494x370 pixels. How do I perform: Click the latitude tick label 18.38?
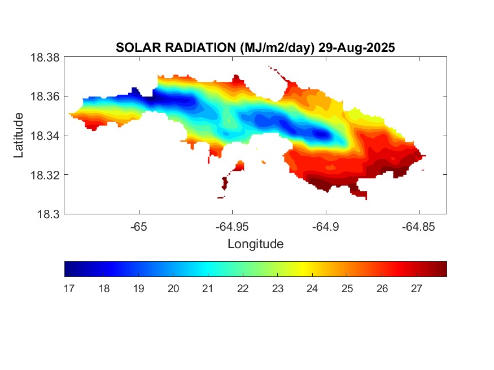tap(44, 58)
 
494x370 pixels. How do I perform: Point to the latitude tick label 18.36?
tap(44, 96)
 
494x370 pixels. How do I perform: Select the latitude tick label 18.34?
tap(44, 135)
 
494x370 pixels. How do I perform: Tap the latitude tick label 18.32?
tap(44, 175)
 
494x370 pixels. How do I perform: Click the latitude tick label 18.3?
tap(47, 214)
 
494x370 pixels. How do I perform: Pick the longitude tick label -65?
tap(138, 227)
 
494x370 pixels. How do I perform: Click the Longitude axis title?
tap(255, 244)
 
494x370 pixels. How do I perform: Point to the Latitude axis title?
tap(19, 135)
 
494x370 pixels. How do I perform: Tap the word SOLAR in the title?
tap(133, 47)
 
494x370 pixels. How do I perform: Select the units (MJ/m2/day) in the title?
tap(273, 47)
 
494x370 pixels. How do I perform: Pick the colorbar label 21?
tap(208, 289)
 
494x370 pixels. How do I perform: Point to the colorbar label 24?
tap(312, 289)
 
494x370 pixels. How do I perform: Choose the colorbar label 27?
tap(417, 289)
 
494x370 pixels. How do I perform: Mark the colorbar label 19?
tap(138, 289)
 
